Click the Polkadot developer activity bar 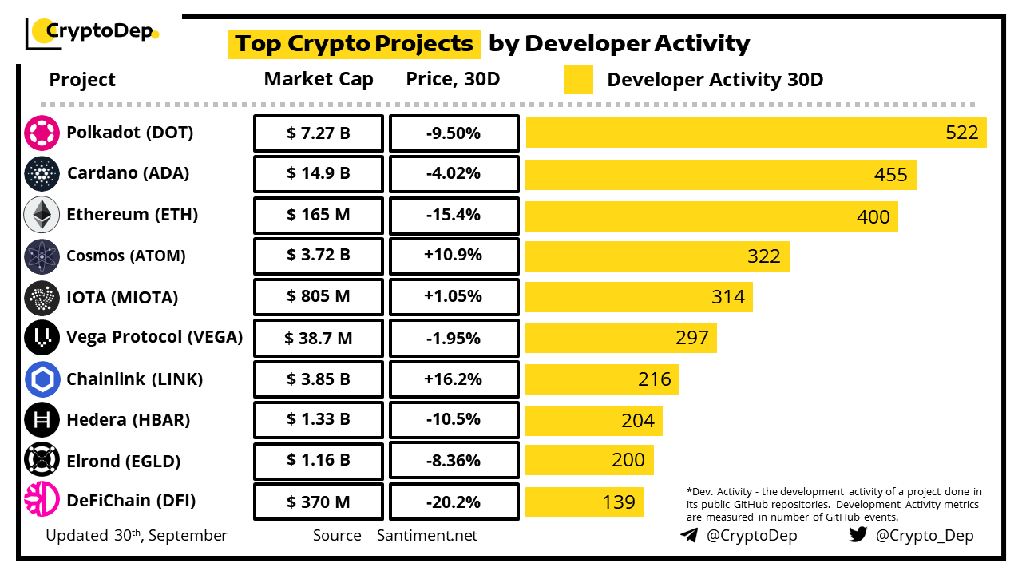click(x=755, y=133)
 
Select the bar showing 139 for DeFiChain click(x=584, y=502)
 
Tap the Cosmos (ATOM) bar click(x=657, y=256)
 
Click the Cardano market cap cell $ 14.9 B click(x=319, y=174)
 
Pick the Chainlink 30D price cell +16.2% click(x=454, y=379)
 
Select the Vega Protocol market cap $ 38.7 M click(x=319, y=339)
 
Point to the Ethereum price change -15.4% click(x=454, y=216)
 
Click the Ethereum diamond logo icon click(x=42, y=216)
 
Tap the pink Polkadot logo click(x=42, y=133)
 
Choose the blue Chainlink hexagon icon click(x=42, y=379)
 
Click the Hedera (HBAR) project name click(x=129, y=420)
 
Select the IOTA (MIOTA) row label click(x=122, y=297)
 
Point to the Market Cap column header click(x=319, y=80)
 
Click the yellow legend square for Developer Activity click(x=578, y=80)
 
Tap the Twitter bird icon click(x=858, y=535)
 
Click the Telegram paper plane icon click(x=689, y=535)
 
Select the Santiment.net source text click(x=427, y=535)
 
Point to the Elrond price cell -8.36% click(x=454, y=461)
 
